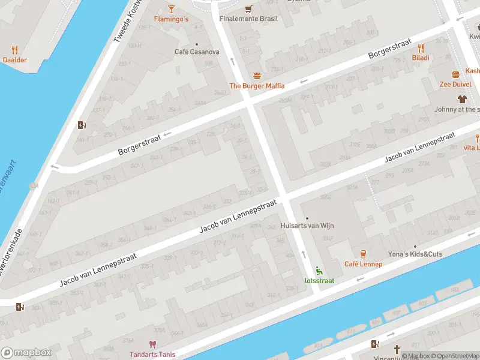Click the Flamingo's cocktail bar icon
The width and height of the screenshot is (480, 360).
(171, 8)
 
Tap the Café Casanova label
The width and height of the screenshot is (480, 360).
(197, 52)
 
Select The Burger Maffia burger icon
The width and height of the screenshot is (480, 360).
(257, 76)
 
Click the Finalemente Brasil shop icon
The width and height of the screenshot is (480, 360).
(248, 8)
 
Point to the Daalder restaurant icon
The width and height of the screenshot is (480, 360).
(14, 50)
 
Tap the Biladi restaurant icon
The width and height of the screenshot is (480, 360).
(421, 48)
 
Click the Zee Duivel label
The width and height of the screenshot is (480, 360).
(455, 85)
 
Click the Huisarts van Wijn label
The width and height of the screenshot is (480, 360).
(307, 226)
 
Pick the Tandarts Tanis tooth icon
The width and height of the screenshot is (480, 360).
(152, 344)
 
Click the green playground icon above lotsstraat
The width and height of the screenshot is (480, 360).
(319, 271)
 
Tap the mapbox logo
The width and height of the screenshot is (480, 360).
(26, 353)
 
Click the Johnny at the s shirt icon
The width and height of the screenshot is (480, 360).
(461, 99)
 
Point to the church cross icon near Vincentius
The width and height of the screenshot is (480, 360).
(396, 349)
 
